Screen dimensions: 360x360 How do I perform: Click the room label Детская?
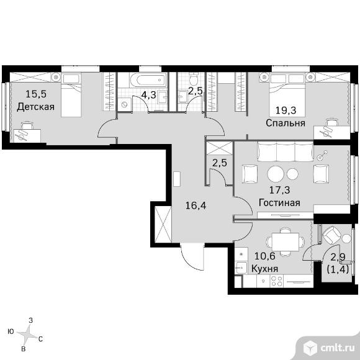point(35,107)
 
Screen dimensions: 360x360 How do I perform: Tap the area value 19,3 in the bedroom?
point(286,110)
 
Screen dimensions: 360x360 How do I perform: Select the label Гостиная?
point(279,203)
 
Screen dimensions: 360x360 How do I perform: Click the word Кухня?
point(264,268)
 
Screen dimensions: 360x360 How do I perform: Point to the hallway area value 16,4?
point(196,205)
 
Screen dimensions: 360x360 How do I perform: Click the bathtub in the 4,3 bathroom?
point(148,80)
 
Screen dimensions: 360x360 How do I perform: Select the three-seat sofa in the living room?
point(286,151)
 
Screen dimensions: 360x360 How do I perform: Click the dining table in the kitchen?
point(286,242)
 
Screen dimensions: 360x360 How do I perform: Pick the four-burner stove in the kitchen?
point(277,281)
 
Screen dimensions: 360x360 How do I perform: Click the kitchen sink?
point(241,268)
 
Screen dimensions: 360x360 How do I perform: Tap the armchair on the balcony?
point(331,235)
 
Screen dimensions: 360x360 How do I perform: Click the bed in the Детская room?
point(71,95)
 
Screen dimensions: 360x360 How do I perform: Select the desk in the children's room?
point(27,136)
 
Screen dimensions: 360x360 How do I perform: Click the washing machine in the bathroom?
point(125,105)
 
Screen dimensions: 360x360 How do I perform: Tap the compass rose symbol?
point(29,334)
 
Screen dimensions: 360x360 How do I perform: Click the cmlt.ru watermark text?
point(337,348)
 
